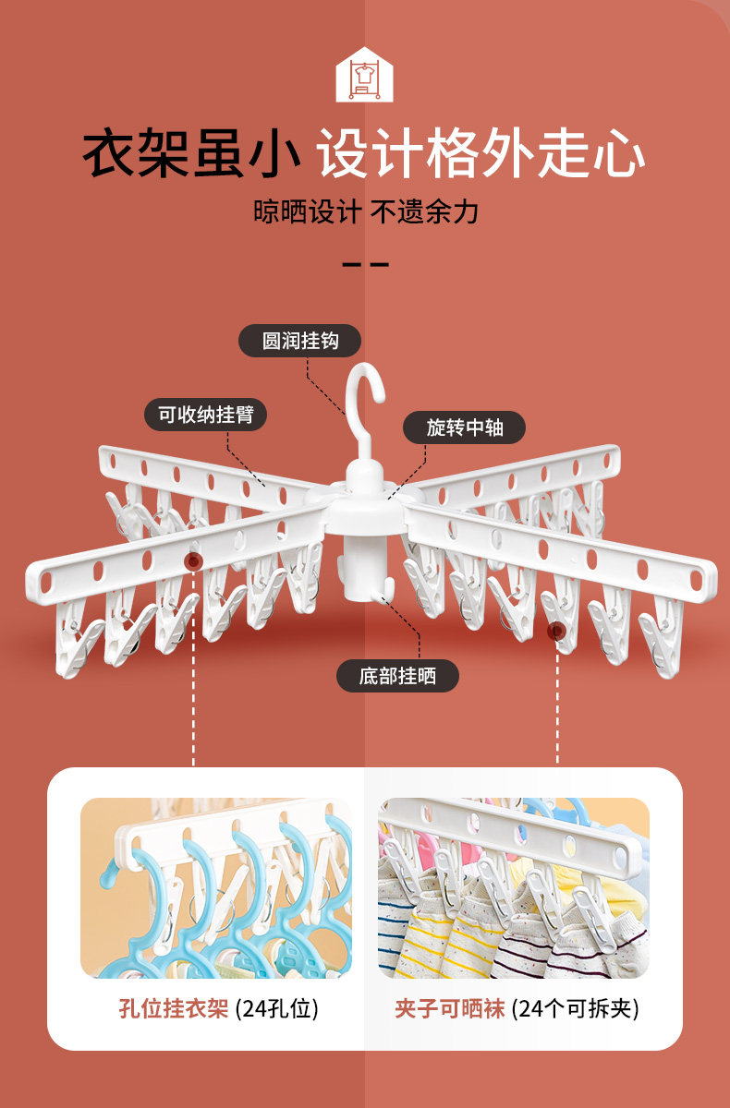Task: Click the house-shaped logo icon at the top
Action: pyautogui.click(x=364, y=75)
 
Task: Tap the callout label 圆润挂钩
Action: pyautogui.click(x=300, y=341)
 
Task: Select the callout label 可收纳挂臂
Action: pyautogui.click(x=205, y=415)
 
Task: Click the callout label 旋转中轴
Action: pyautogui.click(x=464, y=428)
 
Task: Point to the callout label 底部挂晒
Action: pyautogui.click(x=397, y=676)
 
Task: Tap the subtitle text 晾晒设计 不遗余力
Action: pyautogui.click(x=366, y=211)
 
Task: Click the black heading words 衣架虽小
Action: pyautogui.click(x=192, y=153)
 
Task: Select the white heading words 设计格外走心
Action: pyautogui.click(x=481, y=153)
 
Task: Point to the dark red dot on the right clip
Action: pyautogui.click(x=557, y=632)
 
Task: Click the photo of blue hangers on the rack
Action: pyautogui.click(x=216, y=887)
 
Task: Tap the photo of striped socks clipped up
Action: pyautogui.click(x=514, y=887)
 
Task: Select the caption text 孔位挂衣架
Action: pyautogui.click(x=173, y=1008)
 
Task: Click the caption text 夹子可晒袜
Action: pyautogui.click(x=450, y=1008)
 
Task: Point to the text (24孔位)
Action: pyautogui.click(x=276, y=1008)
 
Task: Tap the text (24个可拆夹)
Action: pyautogui.click(x=574, y=1008)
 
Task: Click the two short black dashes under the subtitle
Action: pyautogui.click(x=365, y=265)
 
